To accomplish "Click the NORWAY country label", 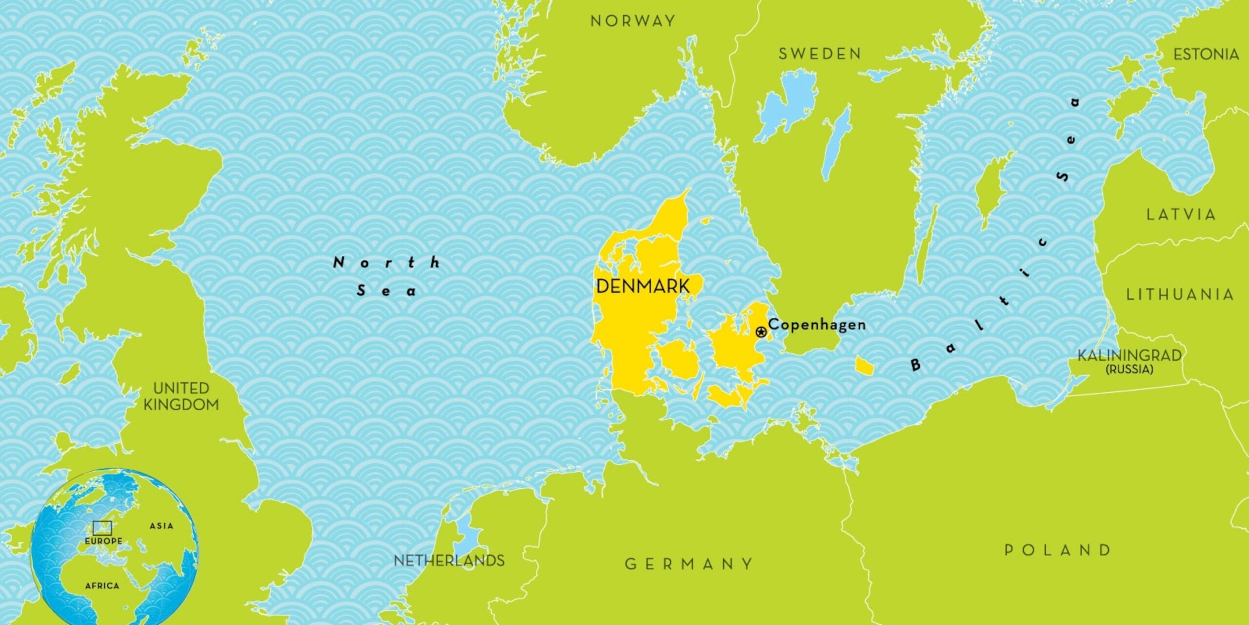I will (x=633, y=21).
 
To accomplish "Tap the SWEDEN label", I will (x=820, y=54).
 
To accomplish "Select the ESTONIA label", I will (x=1206, y=54).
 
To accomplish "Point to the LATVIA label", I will (x=1181, y=214).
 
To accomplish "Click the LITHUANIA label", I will (x=1180, y=294).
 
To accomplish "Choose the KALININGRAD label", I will (x=1129, y=355).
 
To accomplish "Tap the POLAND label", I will (x=1058, y=550).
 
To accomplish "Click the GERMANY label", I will (x=689, y=564).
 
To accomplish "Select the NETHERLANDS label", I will (x=449, y=561).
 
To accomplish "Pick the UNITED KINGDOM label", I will (x=181, y=396).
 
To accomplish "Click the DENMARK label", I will (x=643, y=287).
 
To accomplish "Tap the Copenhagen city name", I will (x=817, y=325).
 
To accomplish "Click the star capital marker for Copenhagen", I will (x=761, y=333).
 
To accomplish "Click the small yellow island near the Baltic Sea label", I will (x=864, y=366).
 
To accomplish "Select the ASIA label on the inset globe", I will (x=161, y=526).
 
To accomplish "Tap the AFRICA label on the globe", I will (x=102, y=585).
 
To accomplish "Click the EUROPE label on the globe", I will (x=103, y=541).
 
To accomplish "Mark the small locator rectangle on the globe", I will (x=102, y=528).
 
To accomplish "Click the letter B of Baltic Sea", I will (x=915, y=365).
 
